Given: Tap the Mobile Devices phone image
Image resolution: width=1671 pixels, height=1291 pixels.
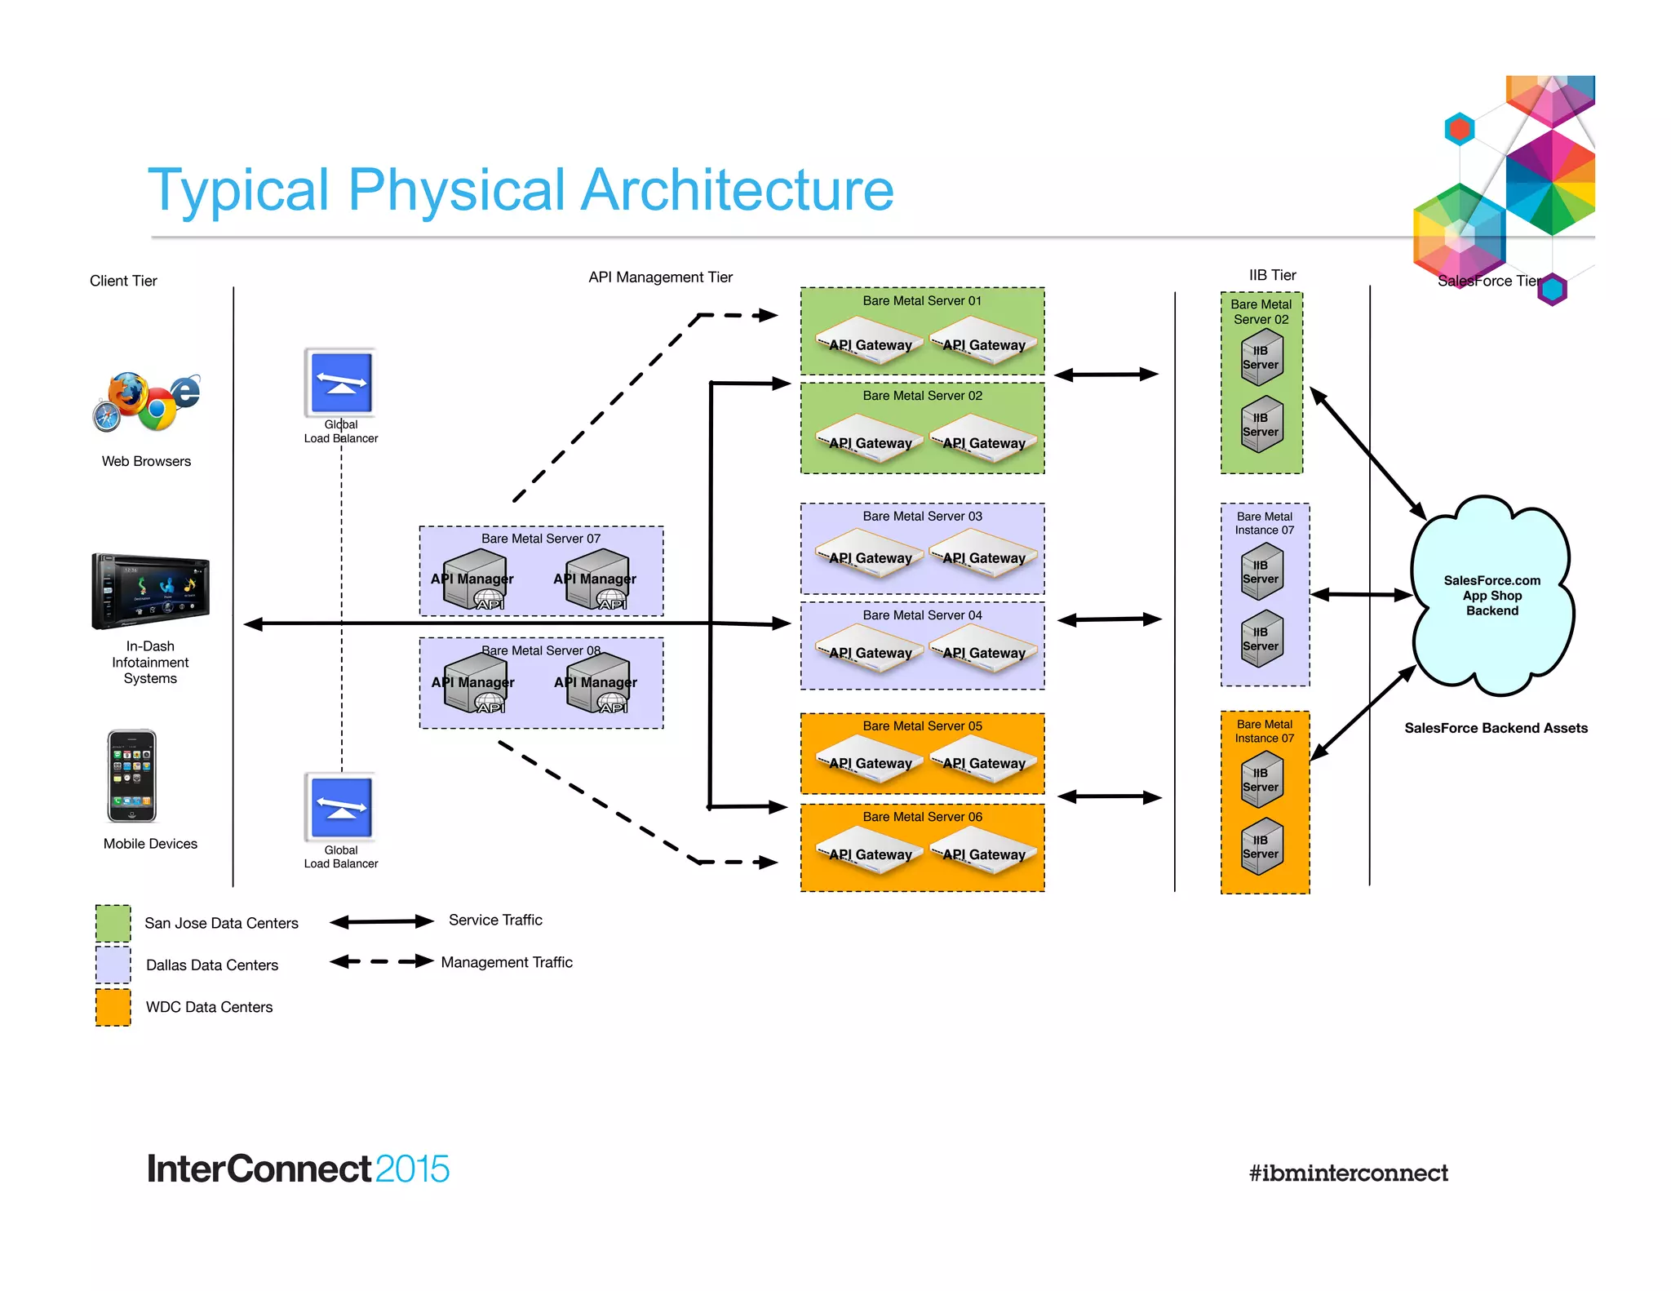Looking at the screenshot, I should click(131, 775).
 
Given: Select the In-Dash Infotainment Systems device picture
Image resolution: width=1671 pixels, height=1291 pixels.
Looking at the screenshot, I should click(150, 591).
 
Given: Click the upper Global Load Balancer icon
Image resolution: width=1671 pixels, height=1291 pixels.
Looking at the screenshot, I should click(341, 383).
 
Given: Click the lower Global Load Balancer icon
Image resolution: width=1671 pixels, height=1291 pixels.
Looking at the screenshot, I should click(341, 807).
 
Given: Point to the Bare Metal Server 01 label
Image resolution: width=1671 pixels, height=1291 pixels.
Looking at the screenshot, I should click(922, 301).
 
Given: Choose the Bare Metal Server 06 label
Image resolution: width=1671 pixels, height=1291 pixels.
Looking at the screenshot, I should click(922, 817).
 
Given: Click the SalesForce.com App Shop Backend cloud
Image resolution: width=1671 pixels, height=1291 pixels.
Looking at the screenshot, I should click(1491, 595).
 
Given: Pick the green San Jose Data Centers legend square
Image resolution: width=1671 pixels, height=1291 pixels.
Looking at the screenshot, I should click(113, 923).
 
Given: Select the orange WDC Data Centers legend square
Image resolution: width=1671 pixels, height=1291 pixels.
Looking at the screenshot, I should click(113, 1007).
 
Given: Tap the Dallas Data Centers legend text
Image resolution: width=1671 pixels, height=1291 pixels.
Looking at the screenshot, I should click(212, 965).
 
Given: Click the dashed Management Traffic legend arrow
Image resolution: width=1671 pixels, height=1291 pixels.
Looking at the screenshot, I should click(381, 961).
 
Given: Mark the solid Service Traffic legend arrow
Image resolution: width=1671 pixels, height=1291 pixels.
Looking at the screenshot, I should click(381, 922).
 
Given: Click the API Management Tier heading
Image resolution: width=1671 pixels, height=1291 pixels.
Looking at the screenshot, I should click(660, 277).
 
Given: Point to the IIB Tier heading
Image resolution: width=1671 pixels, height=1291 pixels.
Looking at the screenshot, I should click(1272, 275).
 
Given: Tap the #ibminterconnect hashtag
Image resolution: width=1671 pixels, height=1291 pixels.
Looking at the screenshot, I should click(1348, 1173).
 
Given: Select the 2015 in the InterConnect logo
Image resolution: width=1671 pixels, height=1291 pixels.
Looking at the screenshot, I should click(412, 1169).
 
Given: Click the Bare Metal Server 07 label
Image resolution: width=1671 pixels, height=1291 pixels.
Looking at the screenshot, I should click(540, 539).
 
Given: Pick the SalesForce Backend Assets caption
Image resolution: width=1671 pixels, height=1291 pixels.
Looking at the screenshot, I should click(1496, 728).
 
